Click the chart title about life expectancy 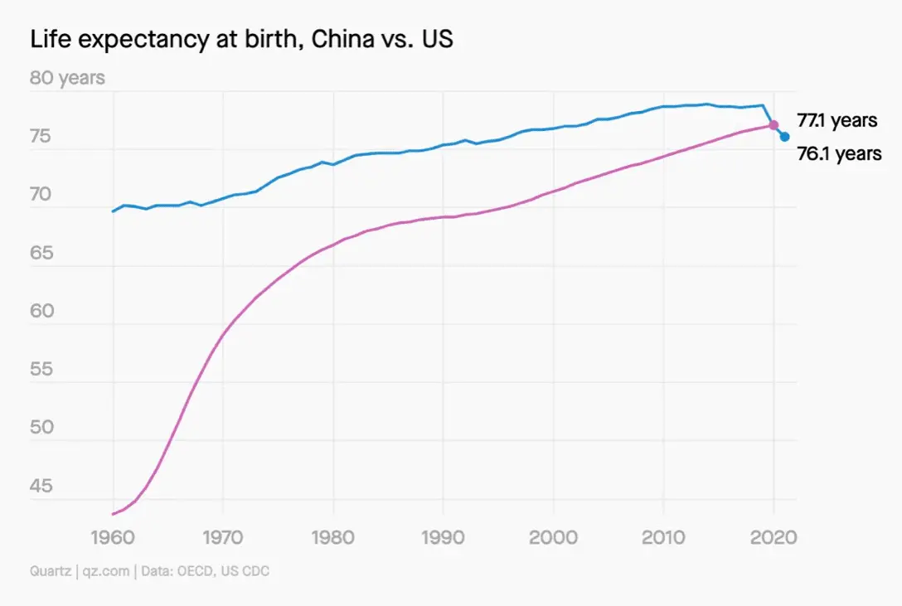pos(241,39)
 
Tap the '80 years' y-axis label pos(68,78)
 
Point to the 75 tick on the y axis pos(41,137)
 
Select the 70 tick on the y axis pos(41,196)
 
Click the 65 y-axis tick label pos(41,254)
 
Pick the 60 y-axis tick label pos(41,312)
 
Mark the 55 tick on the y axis pos(41,370)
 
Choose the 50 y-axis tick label pos(41,428)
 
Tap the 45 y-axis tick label pos(41,486)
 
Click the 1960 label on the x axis pos(113,536)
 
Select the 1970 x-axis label pos(223,536)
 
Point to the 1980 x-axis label pos(333,536)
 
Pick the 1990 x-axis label pos(444,536)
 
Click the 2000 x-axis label pos(554,536)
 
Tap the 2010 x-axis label pos(663,536)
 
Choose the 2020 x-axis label pos(773,536)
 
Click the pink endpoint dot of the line pos(773,125)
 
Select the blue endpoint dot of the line pos(784,137)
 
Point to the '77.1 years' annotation pos(837,121)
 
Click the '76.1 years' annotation pos(839,154)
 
